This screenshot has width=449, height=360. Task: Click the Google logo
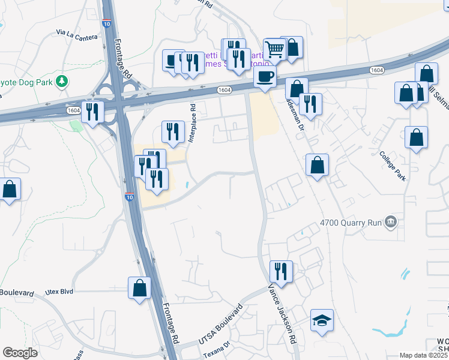click(20, 353)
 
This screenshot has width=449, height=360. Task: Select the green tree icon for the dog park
click(61, 81)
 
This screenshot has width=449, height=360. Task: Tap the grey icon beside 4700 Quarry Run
click(391, 223)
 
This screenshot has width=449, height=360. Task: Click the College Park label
click(393, 166)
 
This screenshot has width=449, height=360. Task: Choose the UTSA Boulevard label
click(220, 329)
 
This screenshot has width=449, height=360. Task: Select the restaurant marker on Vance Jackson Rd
click(280, 270)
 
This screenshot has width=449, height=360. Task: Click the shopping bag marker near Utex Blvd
click(139, 287)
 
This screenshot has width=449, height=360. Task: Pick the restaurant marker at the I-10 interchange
click(92, 112)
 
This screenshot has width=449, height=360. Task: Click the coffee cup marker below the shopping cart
click(265, 76)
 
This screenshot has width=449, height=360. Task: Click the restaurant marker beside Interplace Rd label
click(173, 131)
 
